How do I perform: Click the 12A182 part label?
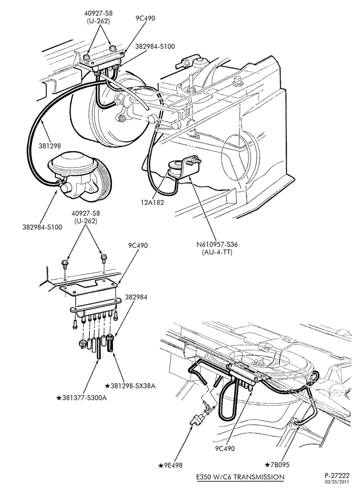coord(152,202)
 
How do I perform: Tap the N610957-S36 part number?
coord(214,245)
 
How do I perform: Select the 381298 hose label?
coord(50,146)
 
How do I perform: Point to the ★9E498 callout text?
coord(171,465)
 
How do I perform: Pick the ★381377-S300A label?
coord(81,398)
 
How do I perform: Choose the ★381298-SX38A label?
coord(130,386)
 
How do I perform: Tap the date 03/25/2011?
coord(337,482)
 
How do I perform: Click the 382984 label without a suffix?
coord(136,297)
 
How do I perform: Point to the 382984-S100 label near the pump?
coord(42,227)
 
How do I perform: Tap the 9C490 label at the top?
coord(145,18)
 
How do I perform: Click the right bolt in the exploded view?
coord(103,259)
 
